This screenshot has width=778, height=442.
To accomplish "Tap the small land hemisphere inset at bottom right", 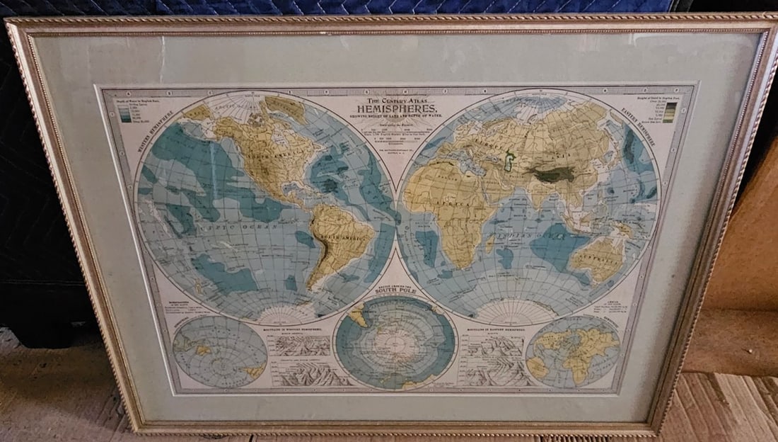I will click(x=573, y=351).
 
